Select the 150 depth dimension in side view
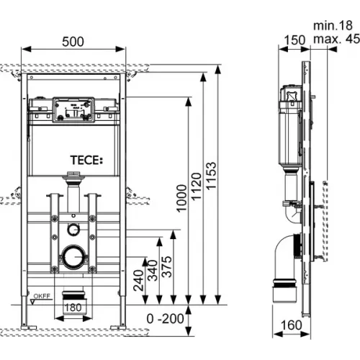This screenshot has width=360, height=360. point(292,40)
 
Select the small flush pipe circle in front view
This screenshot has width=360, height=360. point(73,230)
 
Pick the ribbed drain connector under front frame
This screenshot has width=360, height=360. point(72,295)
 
